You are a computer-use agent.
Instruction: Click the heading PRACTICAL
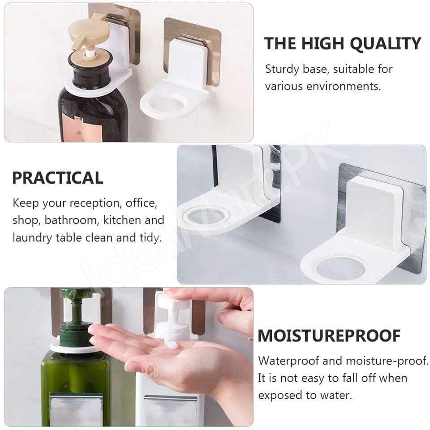[57, 178]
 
